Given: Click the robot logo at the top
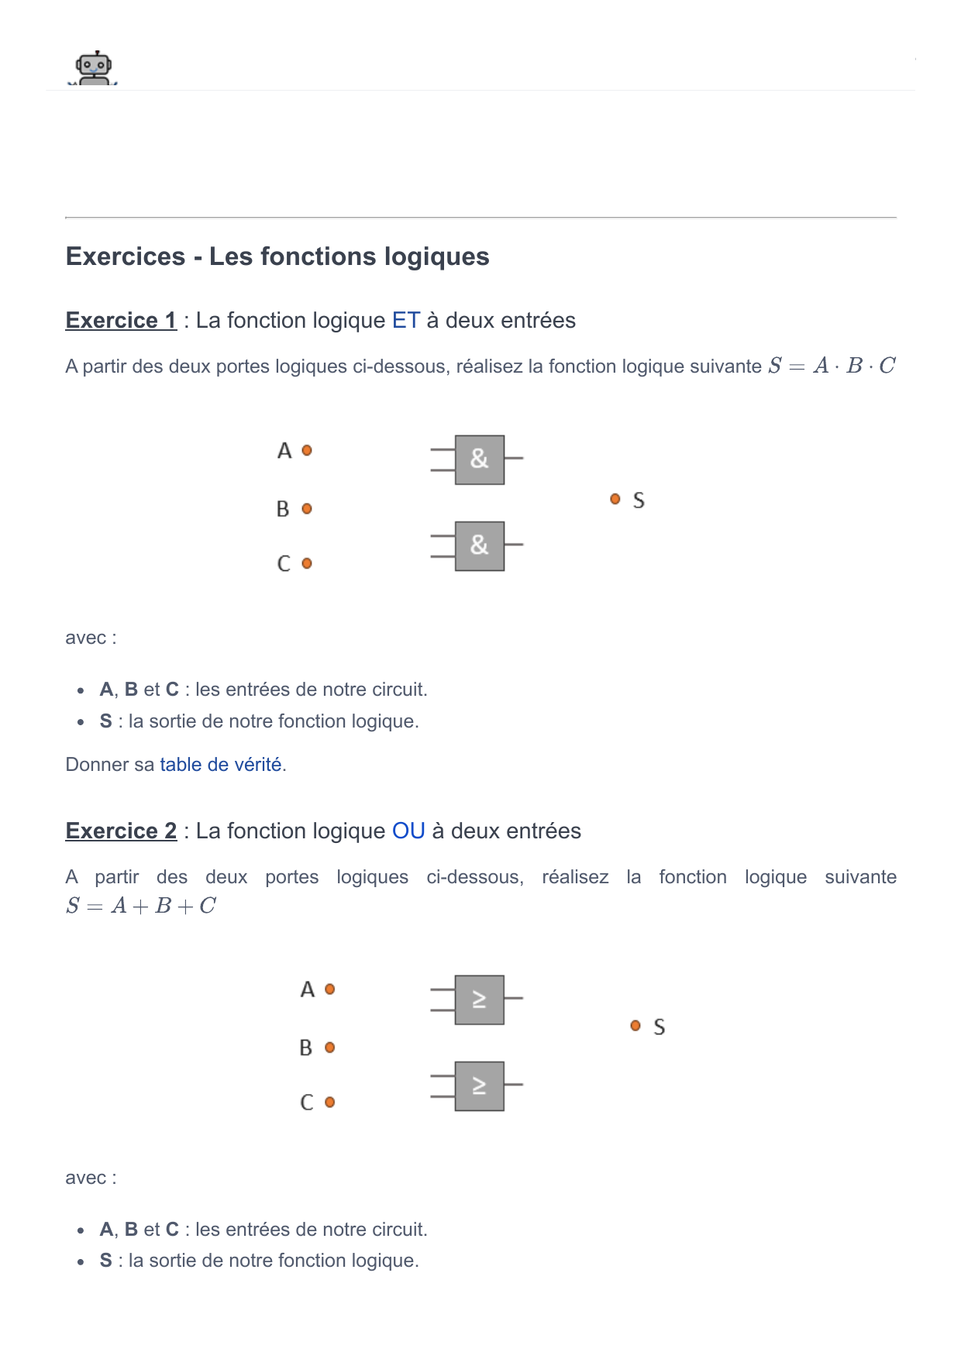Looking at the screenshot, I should pyautogui.click(x=94, y=68).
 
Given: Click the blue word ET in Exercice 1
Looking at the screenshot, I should pyautogui.click(x=406, y=320).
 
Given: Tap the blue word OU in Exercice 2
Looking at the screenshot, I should pyautogui.click(x=408, y=831).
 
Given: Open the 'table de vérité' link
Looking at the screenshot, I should pyautogui.click(x=221, y=765).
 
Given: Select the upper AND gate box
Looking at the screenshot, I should pyautogui.click(x=480, y=459).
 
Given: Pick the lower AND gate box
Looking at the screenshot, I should pyautogui.click(x=480, y=546).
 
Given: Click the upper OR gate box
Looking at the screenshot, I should pyautogui.click(x=480, y=999).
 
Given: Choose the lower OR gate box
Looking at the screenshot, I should pyautogui.click(x=480, y=1085).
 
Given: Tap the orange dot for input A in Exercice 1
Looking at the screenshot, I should pyautogui.click(x=307, y=450).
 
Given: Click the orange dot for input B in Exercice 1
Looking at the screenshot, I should pyautogui.click(x=307, y=509).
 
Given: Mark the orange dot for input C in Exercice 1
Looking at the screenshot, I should pyautogui.click(x=307, y=563).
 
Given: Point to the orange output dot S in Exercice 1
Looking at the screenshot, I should pyautogui.click(x=615, y=499).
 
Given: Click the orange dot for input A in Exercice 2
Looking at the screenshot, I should pyautogui.click(x=330, y=989).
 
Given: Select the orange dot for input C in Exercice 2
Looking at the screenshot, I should pyautogui.click(x=330, y=1102).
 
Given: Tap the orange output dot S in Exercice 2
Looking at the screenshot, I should pyautogui.click(x=635, y=1025).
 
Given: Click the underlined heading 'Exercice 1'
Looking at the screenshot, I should pyautogui.click(x=122, y=320).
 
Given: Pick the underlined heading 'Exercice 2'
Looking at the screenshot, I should pyautogui.click(x=122, y=831).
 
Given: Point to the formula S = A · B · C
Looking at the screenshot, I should pyautogui.click(x=832, y=366).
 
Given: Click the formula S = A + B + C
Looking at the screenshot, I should pyautogui.click(x=141, y=906).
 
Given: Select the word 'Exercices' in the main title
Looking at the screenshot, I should pyautogui.click(x=126, y=256).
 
